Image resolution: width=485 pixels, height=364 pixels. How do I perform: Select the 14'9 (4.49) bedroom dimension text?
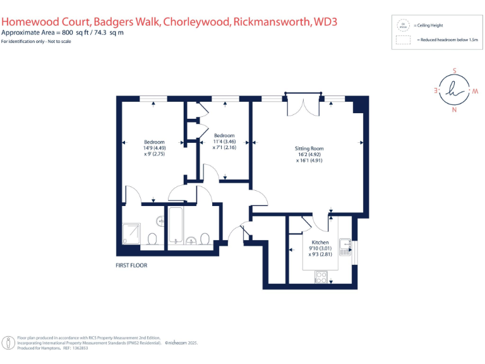(154, 148)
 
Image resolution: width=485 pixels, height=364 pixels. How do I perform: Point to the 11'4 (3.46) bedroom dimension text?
(224, 142)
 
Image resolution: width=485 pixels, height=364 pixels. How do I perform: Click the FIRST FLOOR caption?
(131, 265)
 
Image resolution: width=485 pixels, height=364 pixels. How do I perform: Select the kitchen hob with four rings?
(321, 276)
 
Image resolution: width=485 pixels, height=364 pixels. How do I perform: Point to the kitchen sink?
(345, 248)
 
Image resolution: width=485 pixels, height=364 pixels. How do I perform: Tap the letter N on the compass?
(453, 111)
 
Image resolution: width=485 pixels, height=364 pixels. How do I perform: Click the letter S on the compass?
(453, 71)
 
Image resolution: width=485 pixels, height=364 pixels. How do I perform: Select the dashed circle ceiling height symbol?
(402, 25)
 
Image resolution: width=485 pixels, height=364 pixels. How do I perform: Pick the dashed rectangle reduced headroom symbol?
(402, 40)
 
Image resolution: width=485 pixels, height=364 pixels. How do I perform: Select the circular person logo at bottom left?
(8, 343)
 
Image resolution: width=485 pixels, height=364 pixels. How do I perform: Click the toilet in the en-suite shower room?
(152, 238)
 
